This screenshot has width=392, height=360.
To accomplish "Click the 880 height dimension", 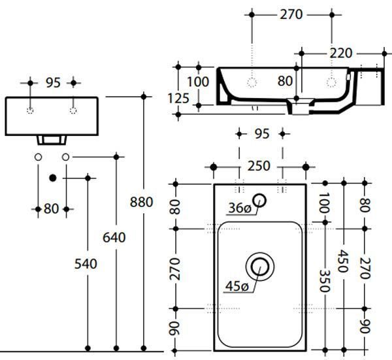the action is point(141,202).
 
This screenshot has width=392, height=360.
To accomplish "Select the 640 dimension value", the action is point(114,238).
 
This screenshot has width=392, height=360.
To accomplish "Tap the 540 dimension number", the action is point(86,264).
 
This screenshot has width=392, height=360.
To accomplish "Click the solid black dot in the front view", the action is point(52,178).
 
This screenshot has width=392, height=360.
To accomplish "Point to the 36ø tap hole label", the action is point(240,208).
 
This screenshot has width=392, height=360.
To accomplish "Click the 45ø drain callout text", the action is point(237,286).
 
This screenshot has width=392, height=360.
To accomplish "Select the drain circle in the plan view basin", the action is point(260,267).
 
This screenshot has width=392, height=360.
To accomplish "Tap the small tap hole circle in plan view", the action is point(259,201).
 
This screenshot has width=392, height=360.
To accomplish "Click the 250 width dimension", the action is point(259,166).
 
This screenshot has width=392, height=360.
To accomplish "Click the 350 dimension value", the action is point(325,281).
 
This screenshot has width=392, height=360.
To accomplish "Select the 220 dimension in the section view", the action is point(341,54).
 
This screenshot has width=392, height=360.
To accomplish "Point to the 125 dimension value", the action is point(178,99).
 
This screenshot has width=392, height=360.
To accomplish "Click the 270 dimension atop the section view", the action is point(291,15).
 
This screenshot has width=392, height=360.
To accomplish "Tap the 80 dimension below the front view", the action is point(51,209).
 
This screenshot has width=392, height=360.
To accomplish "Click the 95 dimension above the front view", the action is point(54,83).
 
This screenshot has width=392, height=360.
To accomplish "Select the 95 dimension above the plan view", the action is point(262,134).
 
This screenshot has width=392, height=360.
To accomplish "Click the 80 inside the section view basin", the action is point(285,81).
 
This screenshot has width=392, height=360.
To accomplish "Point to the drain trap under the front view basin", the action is point(52,140).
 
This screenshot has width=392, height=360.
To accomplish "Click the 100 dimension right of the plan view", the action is point(325,203).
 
